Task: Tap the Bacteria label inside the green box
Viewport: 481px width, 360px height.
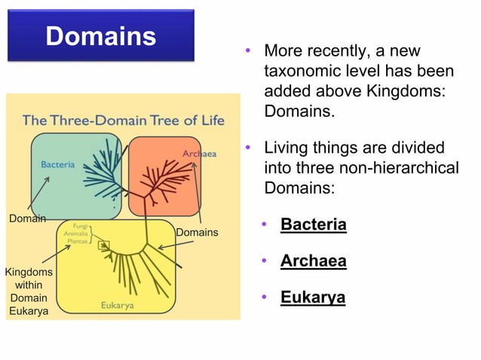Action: pyautogui.click(x=57, y=164)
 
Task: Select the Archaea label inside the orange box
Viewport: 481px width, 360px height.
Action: pyautogui.click(x=199, y=154)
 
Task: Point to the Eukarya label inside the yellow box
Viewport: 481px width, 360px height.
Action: pyautogui.click(x=118, y=305)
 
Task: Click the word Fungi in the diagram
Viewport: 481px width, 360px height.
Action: pyautogui.click(x=80, y=225)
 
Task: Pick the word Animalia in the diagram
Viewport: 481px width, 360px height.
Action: pyautogui.click(x=76, y=233)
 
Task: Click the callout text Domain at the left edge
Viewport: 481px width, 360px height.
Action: pyautogui.click(x=27, y=218)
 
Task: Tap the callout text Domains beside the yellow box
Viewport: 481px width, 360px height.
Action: pyautogui.click(x=197, y=232)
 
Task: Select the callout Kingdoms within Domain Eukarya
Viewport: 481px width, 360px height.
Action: pyautogui.click(x=29, y=291)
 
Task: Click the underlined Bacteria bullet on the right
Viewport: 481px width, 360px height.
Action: pyautogui.click(x=313, y=224)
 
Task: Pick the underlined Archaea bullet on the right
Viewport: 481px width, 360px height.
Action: pyautogui.click(x=313, y=261)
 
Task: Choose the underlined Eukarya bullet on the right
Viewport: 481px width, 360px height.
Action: pyautogui.click(x=312, y=297)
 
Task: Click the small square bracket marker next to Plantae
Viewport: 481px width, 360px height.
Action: pyautogui.click(x=104, y=244)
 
